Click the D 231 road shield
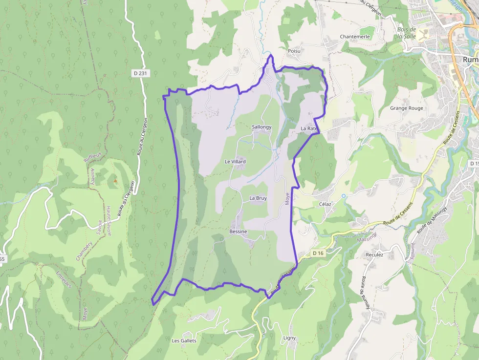point(140,73)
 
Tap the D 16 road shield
point(318,253)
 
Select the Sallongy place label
point(261,127)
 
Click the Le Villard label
point(235,162)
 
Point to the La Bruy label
point(258,198)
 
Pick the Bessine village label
point(238,232)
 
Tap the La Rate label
point(309,128)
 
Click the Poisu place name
point(294,51)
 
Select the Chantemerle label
point(355,37)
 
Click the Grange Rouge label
point(407,108)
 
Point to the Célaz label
point(325,204)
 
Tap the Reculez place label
point(374,255)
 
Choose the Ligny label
point(289,338)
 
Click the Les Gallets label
point(184,340)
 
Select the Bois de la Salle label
point(407,33)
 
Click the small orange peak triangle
point(115,181)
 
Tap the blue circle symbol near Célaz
point(344,196)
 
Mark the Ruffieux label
point(93,157)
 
